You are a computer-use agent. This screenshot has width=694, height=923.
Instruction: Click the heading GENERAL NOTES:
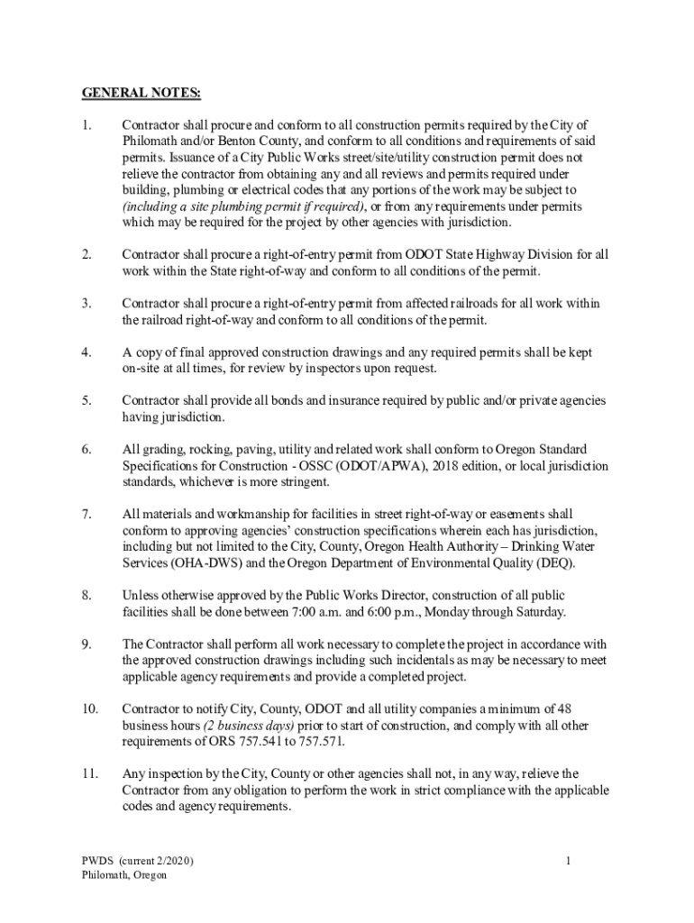coord(142,93)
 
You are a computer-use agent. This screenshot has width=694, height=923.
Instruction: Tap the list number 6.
coord(86,450)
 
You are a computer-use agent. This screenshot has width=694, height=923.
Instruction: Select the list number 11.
coord(89,773)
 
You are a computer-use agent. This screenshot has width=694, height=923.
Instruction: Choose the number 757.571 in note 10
coord(322,742)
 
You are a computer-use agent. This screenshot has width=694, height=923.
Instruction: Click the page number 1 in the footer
coord(569,861)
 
